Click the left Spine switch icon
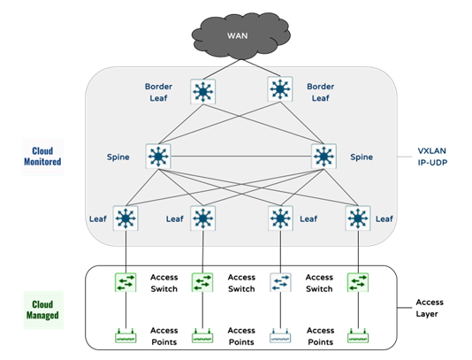coord(160,157)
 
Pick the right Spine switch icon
coord(324,157)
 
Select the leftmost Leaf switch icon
coord(126,218)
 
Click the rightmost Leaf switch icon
coord(358,218)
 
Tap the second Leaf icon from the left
coord(203,218)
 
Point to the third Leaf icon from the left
coord(281,218)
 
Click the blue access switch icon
coord(280,282)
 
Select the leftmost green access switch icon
coord(126,282)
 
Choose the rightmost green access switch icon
coord(358,282)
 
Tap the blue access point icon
coord(280,336)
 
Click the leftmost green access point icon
coord(126,336)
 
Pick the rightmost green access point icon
coord(358,336)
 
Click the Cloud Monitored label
coord(43,157)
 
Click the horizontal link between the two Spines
coord(242,157)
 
